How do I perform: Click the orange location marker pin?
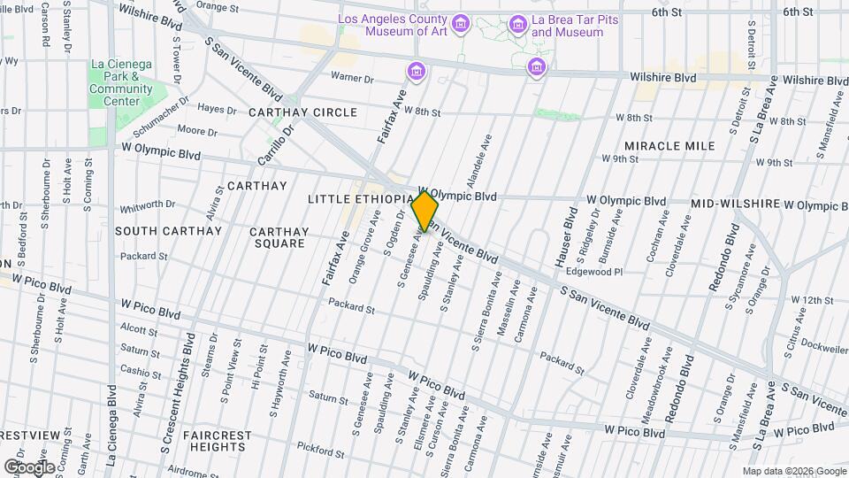click(425, 212)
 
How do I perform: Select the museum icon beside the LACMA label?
click(460, 24)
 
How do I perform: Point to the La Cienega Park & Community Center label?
click(122, 82)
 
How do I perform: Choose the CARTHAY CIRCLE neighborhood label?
click(302, 112)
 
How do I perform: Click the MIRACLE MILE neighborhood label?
click(669, 145)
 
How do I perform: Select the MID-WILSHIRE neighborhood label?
click(736, 204)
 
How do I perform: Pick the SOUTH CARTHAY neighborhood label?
click(167, 231)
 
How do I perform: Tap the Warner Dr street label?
click(352, 79)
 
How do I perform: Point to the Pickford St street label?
click(320, 451)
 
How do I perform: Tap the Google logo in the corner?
click(29, 466)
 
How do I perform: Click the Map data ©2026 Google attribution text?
click(793, 471)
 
